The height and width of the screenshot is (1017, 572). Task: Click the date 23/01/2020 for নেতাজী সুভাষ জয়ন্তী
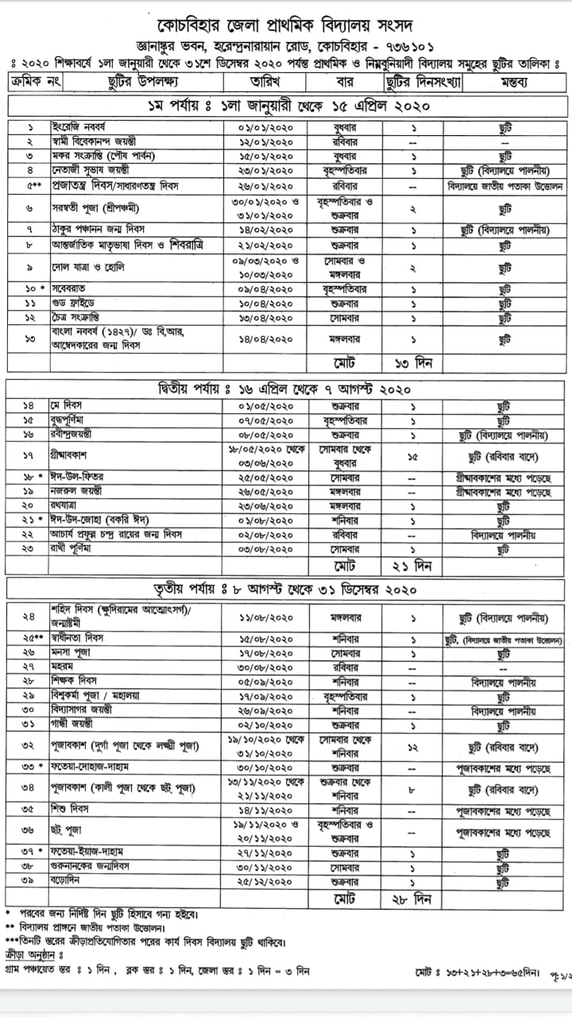pos(266,171)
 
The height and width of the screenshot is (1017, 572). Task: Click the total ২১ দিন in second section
pos(412,566)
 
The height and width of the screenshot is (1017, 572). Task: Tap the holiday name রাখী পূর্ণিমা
pos(78,549)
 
